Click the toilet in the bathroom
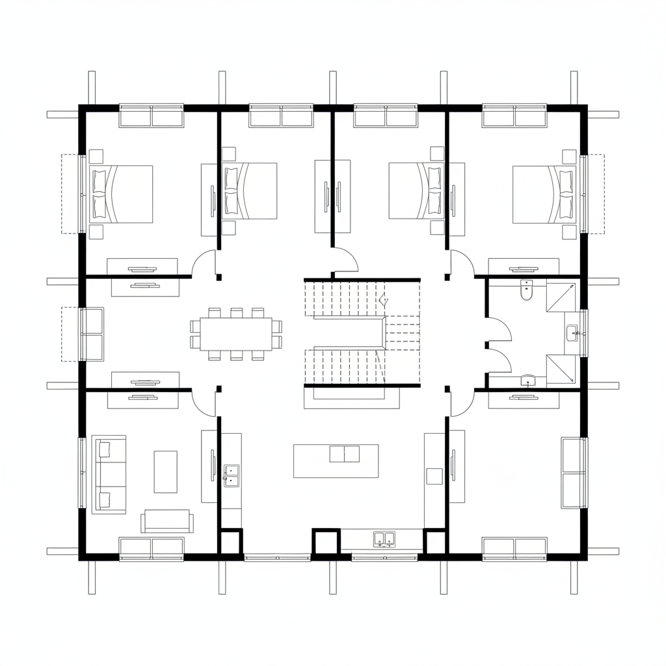tap(527, 291)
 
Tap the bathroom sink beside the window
tap(572, 333)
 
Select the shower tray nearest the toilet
tap(563, 297)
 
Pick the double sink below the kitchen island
tap(384, 539)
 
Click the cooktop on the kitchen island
tap(344, 453)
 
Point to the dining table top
tap(235, 334)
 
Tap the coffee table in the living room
tap(165, 472)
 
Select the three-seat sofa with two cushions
tap(109, 473)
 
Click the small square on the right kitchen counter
tap(434, 476)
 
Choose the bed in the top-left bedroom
tap(123, 194)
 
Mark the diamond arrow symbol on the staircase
tap(383, 301)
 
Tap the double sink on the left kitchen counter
tap(231, 475)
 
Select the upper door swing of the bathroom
tap(499, 328)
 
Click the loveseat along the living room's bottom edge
tap(167, 521)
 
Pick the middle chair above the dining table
tap(236, 312)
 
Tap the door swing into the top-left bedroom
tap(204, 263)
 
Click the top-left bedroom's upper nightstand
tap(96, 156)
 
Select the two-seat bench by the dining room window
tap(92, 334)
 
